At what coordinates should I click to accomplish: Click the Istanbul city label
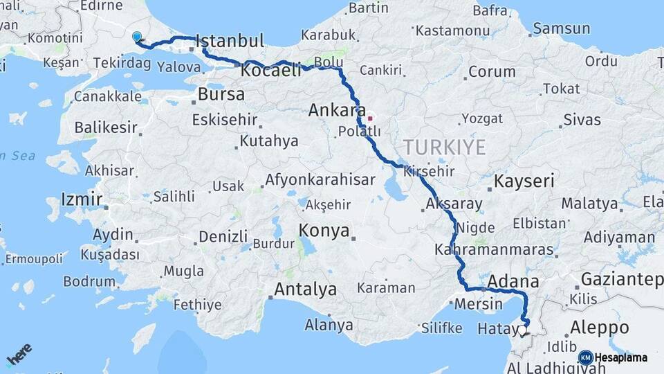coord(230,41)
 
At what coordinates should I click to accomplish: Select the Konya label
coord(324,231)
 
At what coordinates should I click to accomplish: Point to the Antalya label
coord(305,289)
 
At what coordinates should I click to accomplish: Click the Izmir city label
coord(82,200)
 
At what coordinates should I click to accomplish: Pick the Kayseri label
coord(524,182)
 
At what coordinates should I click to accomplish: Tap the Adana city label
coord(513,281)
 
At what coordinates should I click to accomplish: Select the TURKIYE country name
coord(445,147)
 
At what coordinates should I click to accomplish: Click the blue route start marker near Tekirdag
coord(137,37)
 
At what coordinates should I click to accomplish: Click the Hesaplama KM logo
coord(613,357)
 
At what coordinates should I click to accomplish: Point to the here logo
coord(19,355)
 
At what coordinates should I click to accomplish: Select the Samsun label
coord(562,28)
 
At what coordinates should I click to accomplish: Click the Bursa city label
coord(221,94)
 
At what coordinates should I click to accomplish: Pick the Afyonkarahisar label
coord(320,180)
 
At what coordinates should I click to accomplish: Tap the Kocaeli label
coord(271,70)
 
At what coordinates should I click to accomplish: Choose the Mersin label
coord(479,303)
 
